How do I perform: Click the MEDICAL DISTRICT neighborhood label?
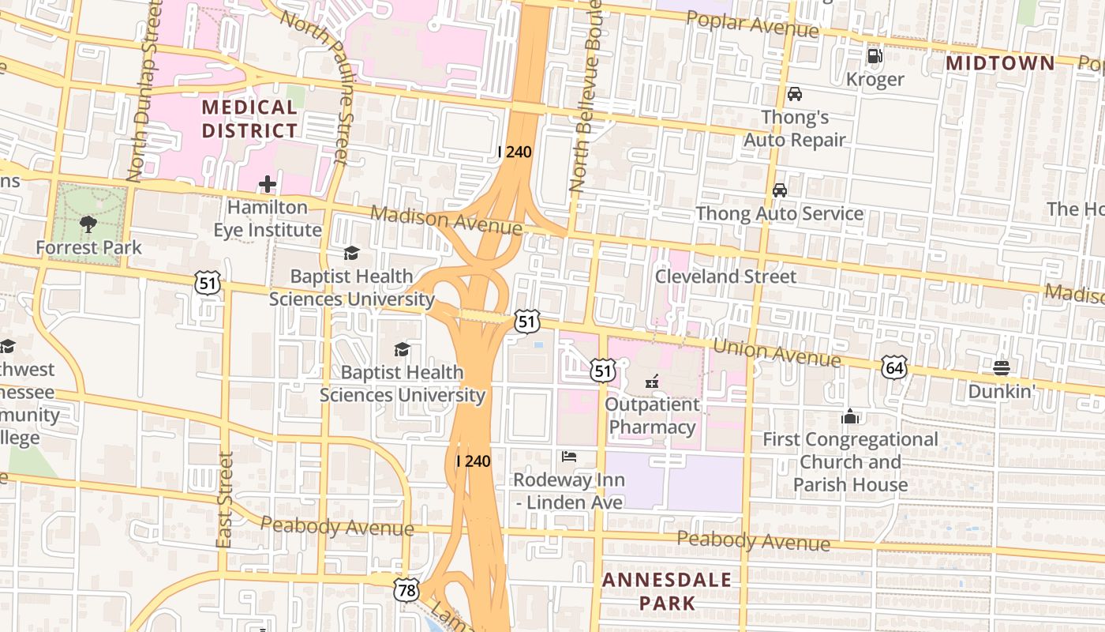(249, 118)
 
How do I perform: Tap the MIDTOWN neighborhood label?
(1000, 63)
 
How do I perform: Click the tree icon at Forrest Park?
(88, 224)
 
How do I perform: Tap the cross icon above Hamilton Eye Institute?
(268, 185)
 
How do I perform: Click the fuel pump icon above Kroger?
(875, 55)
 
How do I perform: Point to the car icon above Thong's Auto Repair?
(795, 94)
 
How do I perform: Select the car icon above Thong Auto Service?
(779, 190)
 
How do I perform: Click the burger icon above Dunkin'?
(1002, 367)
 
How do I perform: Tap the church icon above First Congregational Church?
(850, 416)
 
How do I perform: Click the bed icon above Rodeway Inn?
(568, 457)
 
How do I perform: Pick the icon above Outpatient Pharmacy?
(652, 382)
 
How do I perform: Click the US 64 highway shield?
(894, 367)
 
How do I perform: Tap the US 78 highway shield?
(406, 589)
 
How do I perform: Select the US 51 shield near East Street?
(208, 282)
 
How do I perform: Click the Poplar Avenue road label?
(751, 24)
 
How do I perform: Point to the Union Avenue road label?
(776, 353)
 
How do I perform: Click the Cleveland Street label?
(725, 276)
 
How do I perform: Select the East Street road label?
(225, 499)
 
